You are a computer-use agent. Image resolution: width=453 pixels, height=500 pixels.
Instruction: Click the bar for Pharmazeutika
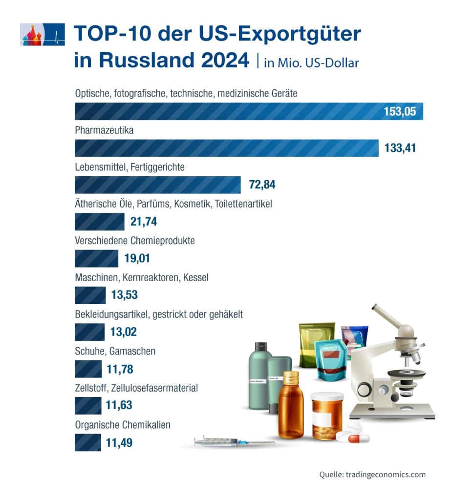point(226,148)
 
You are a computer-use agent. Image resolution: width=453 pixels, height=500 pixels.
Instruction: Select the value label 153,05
point(399,111)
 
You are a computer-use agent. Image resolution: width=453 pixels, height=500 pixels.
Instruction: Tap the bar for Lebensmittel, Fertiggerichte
point(157,185)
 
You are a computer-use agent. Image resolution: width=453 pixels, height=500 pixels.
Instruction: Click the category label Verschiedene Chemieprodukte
point(135,241)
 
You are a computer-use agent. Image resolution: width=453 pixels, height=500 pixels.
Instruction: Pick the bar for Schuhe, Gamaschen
point(88,369)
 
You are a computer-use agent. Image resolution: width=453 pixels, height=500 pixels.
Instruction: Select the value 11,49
point(119,443)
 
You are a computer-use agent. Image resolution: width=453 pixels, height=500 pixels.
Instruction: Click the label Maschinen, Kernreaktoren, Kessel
point(142,277)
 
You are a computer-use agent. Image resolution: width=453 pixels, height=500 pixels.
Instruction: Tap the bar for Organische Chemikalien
point(88,443)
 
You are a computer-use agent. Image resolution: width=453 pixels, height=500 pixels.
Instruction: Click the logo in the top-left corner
point(43,34)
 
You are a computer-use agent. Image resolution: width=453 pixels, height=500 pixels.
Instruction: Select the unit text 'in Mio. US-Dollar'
point(311,63)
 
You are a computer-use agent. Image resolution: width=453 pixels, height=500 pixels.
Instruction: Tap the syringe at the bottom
point(230,442)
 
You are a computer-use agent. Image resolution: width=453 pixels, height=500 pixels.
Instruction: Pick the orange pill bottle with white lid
point(327,415)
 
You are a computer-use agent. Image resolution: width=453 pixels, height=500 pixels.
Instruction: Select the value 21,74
point(144,222)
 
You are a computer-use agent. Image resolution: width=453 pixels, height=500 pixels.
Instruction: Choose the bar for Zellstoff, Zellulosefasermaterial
point(88,406)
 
